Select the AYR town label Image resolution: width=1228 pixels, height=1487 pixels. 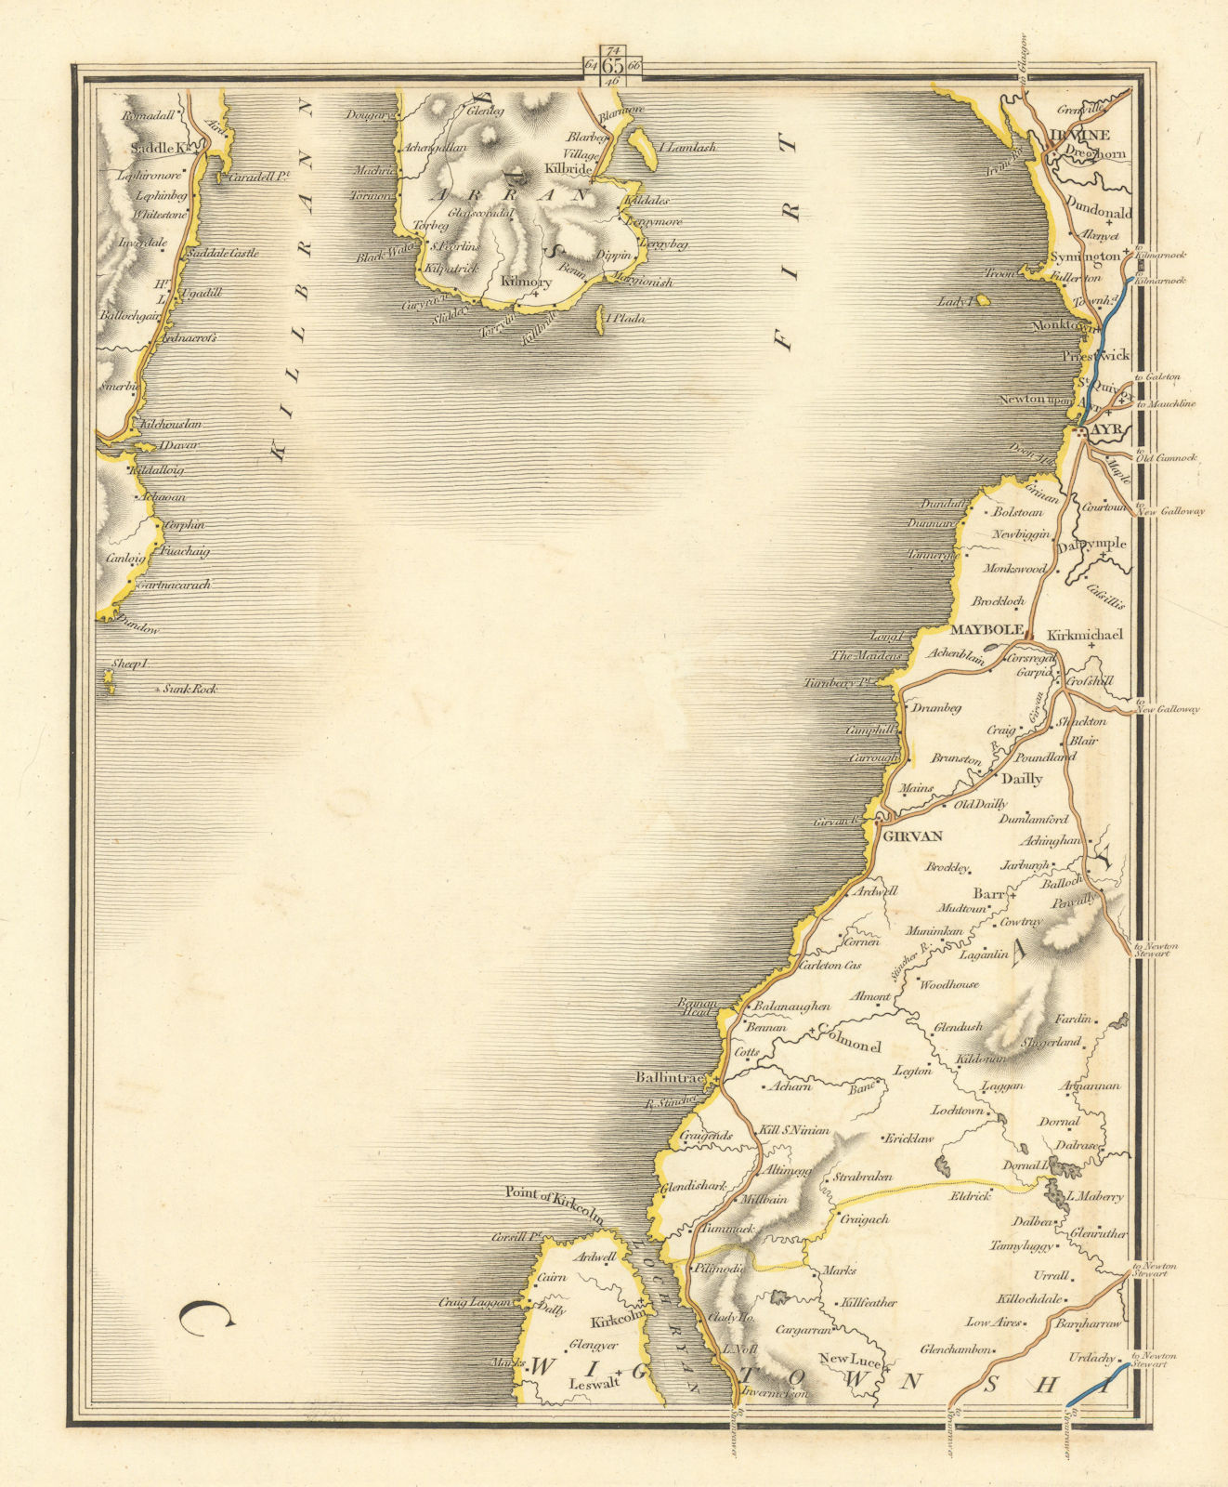coord(1107,431)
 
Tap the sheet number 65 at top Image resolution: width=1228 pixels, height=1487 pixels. coord(612,66)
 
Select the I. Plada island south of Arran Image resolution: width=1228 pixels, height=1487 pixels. coord(599,316)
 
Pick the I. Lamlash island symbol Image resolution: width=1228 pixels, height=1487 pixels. coord(638,144)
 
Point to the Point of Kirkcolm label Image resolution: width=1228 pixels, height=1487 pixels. coord(554,1192)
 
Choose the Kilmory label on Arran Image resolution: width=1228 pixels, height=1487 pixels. coord(525,283)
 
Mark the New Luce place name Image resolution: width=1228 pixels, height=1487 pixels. coord(849,1360)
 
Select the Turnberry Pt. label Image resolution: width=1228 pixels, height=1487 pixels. coord(842,682)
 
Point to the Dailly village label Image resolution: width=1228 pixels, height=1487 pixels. coord(1018,779)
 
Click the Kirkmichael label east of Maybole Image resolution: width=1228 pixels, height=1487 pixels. coord(1085,636)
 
